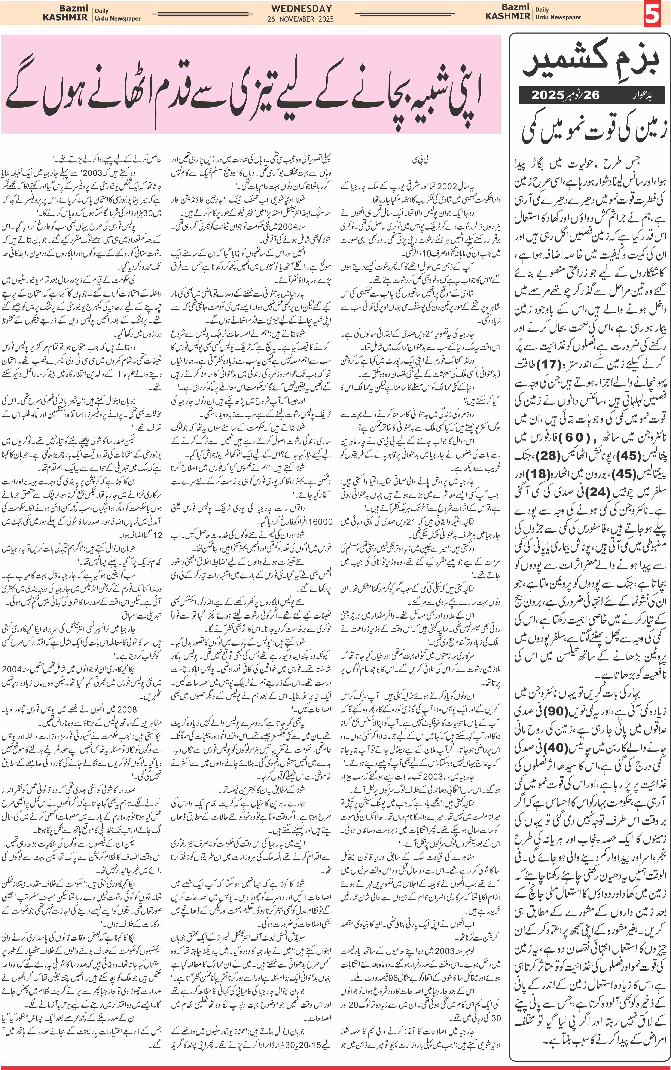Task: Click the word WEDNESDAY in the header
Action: [301, 8]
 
